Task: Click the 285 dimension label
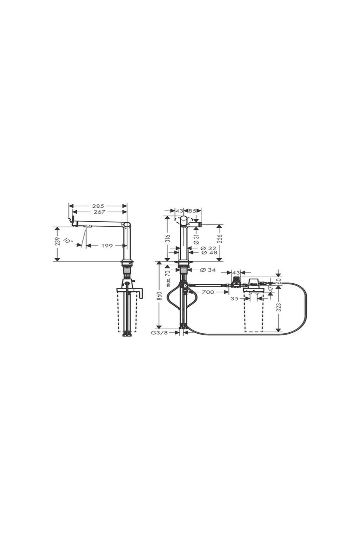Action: [x=98, y=206]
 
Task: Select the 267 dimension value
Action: [x=100, y=212]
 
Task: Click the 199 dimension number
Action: [x=107, y=246]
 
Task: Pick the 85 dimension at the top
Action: [x=192, y=211]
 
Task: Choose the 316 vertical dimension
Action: [x=168, y=238]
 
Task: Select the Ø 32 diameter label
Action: [x=208, y=248]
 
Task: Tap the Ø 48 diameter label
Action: [x=208, y=253]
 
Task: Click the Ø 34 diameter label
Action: [x=208, y=270]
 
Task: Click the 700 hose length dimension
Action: [x=208, y=292]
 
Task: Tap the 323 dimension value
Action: [x=279, y=307]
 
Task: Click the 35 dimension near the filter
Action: [x=235, y=299]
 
